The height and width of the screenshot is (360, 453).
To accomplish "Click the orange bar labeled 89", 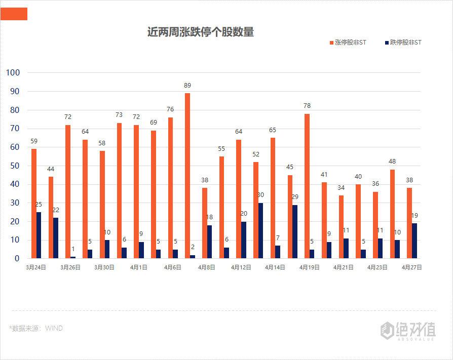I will pyautogui.click(x=187, y=176).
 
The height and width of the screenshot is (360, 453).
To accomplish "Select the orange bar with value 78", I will pyautogui.click(x=307, y=186).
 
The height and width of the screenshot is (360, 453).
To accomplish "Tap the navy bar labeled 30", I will pyautogui.click(x=260, y=230).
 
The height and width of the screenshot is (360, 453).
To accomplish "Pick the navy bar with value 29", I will pyautogui.click(x=295, y=231).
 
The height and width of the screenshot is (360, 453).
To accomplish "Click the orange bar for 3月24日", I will pyautogui.click(x=34, y=204).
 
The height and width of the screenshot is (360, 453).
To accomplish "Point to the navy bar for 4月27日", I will pyautogui.click(x=414, y=241).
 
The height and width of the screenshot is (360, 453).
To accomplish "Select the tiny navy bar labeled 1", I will pyautogui.click(x=73, y=257).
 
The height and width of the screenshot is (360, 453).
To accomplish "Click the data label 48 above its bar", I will pyautogui.click(x=392, y=162).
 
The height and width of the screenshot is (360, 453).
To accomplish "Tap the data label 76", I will pyautogui.click(x=170, y=109).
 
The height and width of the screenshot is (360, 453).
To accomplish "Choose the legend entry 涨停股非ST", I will pyautogui.click(x=350, y=43).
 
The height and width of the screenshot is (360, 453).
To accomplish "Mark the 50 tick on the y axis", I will pyautogui.click(x=15, y=166).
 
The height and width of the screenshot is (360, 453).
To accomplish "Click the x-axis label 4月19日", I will pyautogui.click(x=309, y=267).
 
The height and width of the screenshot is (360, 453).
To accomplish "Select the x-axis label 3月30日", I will pyautogui.click(x=104, y=267).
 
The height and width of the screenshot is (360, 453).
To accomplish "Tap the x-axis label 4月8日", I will pyautogui.click(x=207, y=267).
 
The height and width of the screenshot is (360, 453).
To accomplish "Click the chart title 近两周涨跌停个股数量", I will pyautogui.click(x=201, y=32).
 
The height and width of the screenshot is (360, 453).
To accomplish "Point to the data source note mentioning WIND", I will pyautogui.click(x=36, y=328).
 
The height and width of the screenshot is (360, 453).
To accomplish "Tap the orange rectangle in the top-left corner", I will pyautogui.click(x=14, y=14).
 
